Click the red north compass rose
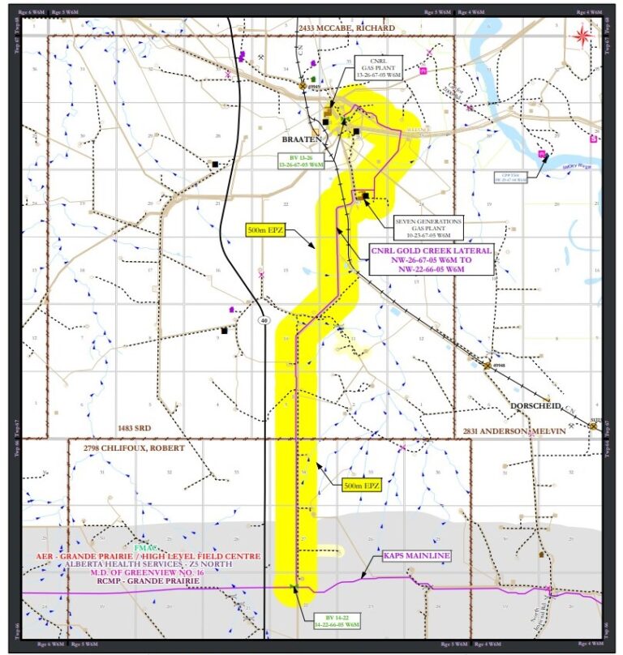(582, 35)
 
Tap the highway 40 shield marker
(264, 320)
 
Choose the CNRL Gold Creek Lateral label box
(431, 261)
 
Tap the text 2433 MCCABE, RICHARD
(346, 28)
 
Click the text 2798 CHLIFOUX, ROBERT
(134, 447)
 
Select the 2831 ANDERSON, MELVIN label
(513, 430)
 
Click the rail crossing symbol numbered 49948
(488, 366)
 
